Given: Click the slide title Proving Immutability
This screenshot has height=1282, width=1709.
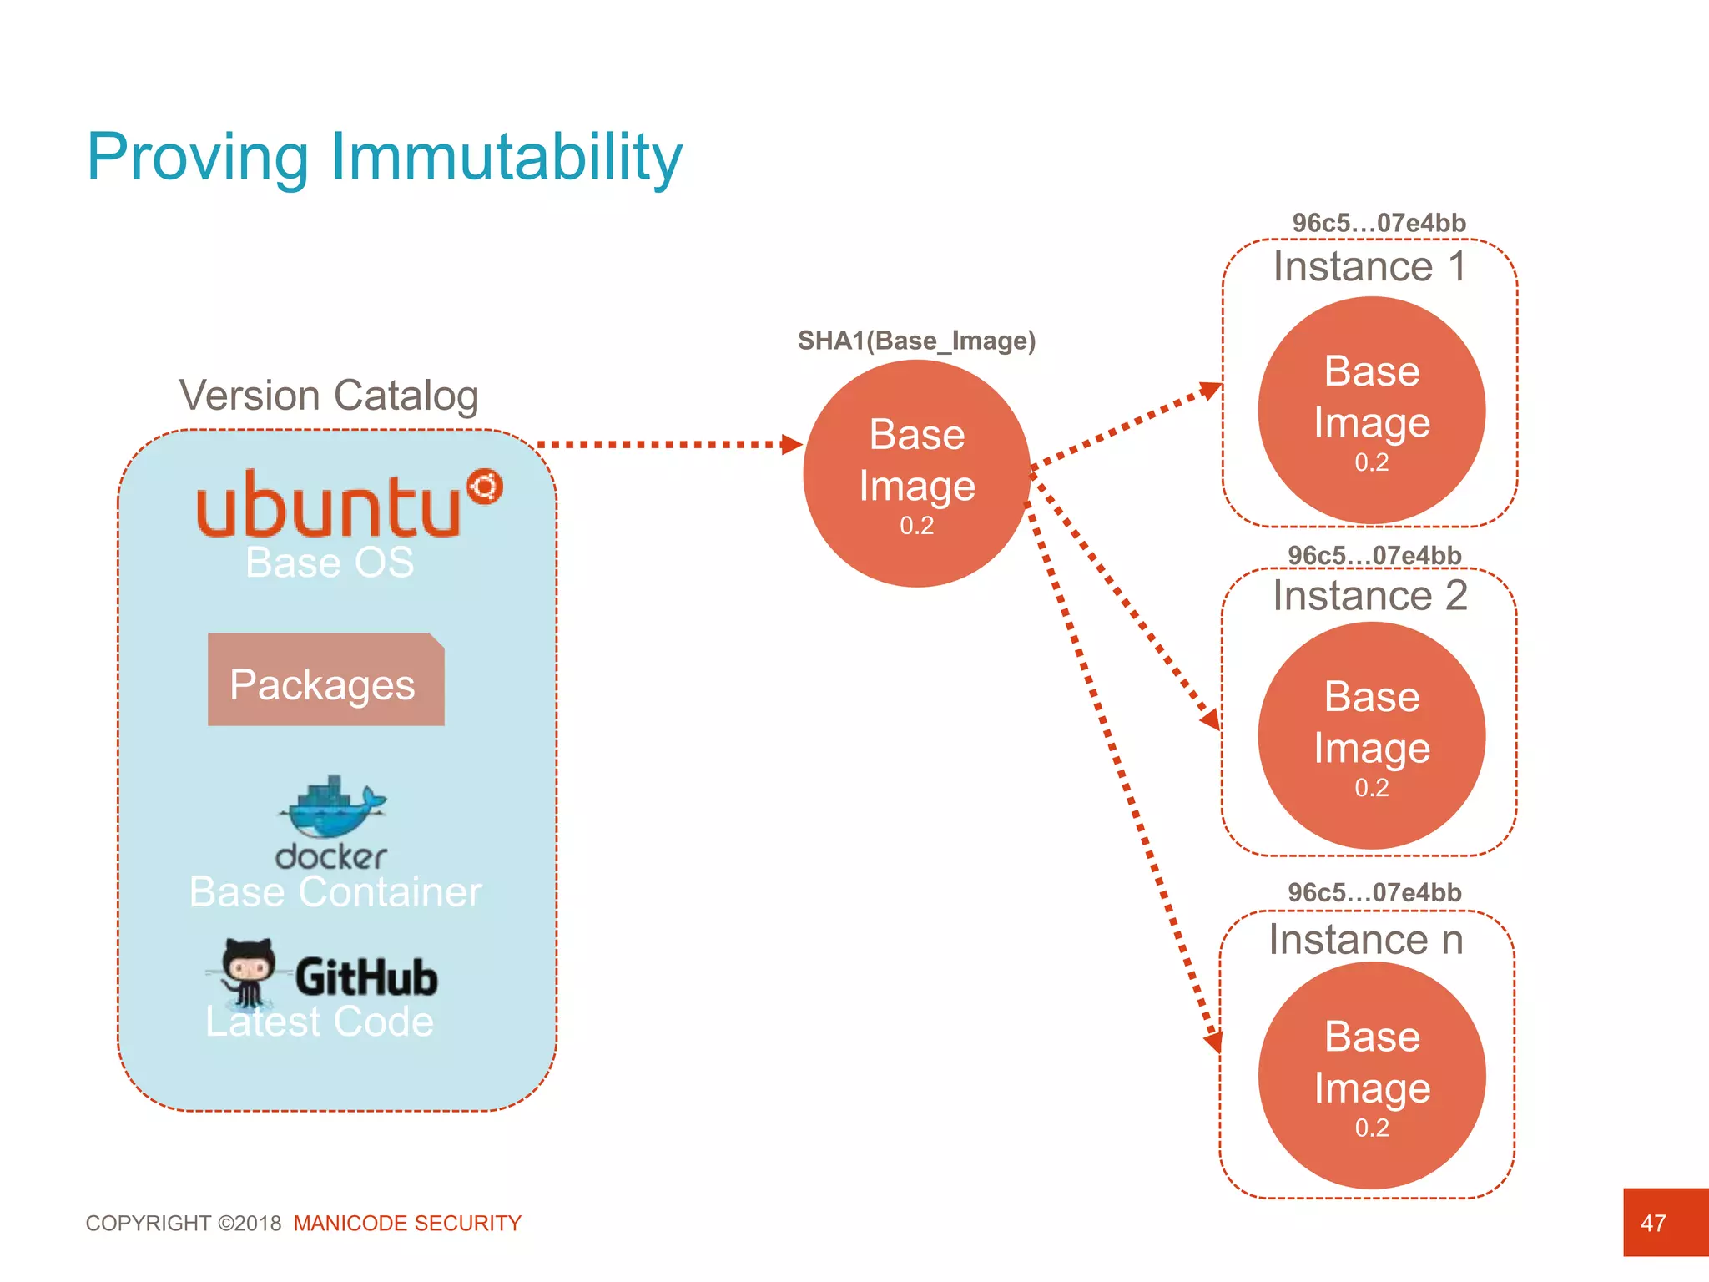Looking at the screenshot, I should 385,157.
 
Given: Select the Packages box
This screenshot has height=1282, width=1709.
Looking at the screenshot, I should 325,680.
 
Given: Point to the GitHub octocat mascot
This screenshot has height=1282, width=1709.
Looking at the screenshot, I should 247,971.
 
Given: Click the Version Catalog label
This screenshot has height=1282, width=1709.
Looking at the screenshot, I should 329,396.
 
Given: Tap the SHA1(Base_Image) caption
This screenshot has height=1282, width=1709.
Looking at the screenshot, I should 916,341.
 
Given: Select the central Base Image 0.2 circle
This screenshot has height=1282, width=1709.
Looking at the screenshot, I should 916,473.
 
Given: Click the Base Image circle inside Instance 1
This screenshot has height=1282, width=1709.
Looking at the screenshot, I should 1371,411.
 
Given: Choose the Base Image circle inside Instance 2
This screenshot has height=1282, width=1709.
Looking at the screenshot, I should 1371,735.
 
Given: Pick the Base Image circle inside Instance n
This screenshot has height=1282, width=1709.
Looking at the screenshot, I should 1371,1075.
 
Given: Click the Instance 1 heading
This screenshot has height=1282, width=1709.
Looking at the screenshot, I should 1369,267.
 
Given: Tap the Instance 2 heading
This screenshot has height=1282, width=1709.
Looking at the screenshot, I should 1369,596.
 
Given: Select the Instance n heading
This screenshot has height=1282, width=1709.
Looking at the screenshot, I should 1366,940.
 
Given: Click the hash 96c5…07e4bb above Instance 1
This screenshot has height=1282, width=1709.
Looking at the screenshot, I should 1379,223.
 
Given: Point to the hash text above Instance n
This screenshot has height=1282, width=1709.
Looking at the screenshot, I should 1374,892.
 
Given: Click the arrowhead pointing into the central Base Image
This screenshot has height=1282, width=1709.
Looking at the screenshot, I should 791,444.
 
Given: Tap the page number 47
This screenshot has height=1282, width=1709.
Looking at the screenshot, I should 1653,1223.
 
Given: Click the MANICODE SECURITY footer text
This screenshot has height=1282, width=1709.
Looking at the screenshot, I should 407,1223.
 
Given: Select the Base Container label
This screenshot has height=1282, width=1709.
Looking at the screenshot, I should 335,891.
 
